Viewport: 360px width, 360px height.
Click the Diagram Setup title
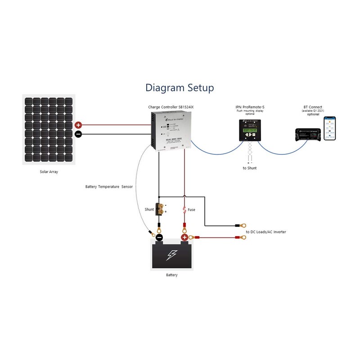[180, 87]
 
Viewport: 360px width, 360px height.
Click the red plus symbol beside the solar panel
[78, 126]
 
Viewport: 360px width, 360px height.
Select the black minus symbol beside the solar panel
[78, 134]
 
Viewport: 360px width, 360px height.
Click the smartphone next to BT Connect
[330, 129]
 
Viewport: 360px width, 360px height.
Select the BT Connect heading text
[313, 107]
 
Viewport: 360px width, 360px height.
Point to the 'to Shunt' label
[250, 168]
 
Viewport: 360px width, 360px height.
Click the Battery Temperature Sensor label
[109, 186]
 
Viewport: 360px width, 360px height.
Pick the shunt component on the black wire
[159, 208]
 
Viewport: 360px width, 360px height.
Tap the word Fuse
[191, 209]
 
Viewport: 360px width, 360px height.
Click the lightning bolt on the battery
[172, 256]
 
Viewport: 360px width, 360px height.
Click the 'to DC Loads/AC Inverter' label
[266, 232]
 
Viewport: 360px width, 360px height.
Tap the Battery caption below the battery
[171, 275]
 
